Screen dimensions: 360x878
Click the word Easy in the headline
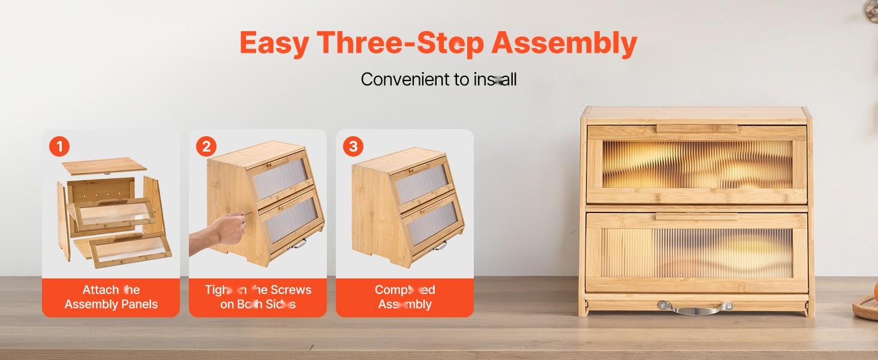[274, 43]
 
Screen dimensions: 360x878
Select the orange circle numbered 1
[59, 146]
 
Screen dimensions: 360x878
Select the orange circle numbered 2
[206, 146]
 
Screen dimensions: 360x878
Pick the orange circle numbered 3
[353, 146]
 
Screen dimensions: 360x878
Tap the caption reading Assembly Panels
[111, 304]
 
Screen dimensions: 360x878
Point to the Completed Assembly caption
[405, 297]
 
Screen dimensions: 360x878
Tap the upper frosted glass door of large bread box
[696, 164]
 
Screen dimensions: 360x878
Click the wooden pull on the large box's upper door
[695, 129]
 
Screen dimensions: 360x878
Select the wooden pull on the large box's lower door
[695, 217]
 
